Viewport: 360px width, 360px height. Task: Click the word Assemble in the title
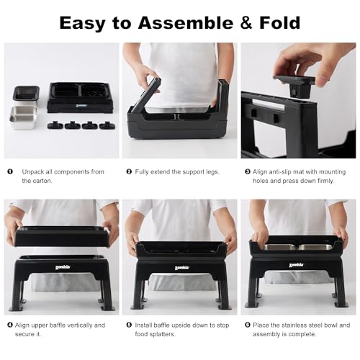click(x=186, y=23)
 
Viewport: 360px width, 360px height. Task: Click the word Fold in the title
click(x=279, y=23)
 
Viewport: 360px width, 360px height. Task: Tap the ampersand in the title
click(x=246, y=23)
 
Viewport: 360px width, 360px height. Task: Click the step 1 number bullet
click(x=10, y=171)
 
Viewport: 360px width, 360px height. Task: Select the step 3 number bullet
click(x=248, y=171)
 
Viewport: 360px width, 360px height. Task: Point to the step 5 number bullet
click(x=129, y=325)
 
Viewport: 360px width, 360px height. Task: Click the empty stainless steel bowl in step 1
click(x=23, y=117)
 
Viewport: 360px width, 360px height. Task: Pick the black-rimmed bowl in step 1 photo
click(x=26, y=95)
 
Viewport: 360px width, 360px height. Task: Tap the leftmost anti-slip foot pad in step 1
click(x=55, y=125)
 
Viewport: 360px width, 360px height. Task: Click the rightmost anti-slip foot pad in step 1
click(x=107, y=125)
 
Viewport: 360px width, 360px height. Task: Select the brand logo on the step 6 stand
click(x=297, y=265)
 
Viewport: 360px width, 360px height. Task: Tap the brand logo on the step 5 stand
click(x=181, y=268)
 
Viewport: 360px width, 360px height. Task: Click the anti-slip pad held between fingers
click(x=294, y=86)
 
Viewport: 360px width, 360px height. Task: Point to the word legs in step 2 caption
click(x=212, y=172)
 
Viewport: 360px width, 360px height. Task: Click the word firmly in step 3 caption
click(x=325, y=181)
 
